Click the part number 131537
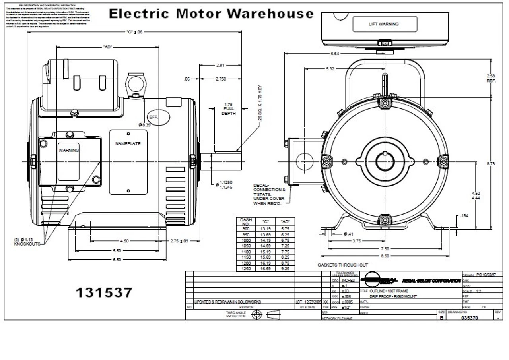(104, 293)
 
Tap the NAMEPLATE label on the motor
(128, 144)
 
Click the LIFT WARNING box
(384, 24)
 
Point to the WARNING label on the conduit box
(69, 150)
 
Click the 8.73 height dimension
(491, 163)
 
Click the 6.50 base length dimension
(117, 259)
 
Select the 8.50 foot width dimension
(385, 256)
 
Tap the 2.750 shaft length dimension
(221, 79)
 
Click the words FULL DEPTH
(228, 111)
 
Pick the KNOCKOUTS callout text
(27, 244)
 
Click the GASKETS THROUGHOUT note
(342, 265)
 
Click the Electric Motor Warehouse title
(211, 14)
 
